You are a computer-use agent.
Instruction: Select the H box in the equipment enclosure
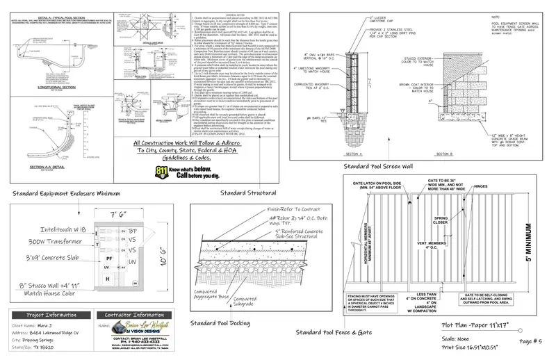point(108,278)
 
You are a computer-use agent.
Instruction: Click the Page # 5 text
point(531,341)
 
